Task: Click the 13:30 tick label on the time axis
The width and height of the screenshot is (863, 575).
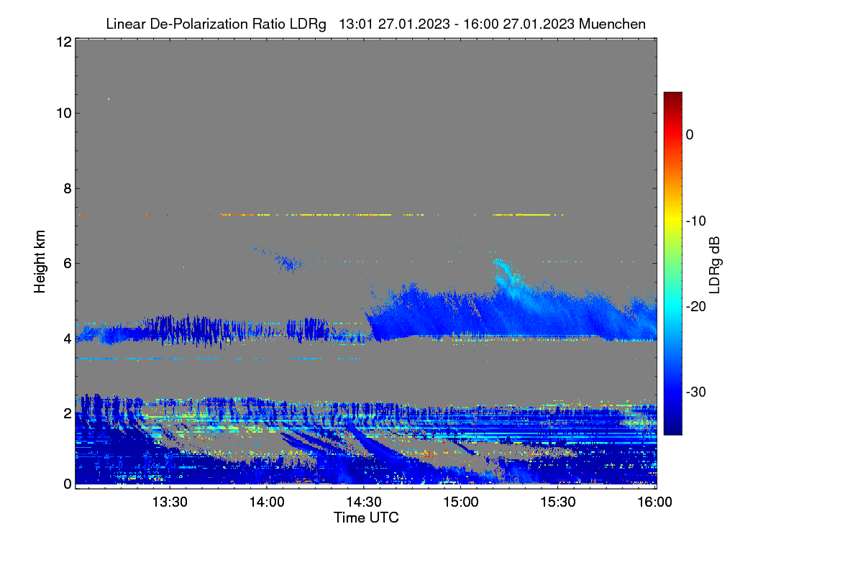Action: tap(170, 502)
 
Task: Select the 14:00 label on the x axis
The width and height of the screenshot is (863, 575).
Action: tap(267, 502)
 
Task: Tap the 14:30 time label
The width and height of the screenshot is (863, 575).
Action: tap(364, 502)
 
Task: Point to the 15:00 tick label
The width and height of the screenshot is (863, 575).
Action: tap(461, 502)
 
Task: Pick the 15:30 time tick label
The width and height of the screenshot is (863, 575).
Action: tap(558, 502)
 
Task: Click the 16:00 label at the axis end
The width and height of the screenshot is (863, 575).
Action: tap(654, 502)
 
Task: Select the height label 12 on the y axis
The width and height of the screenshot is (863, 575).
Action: tap(64, 42)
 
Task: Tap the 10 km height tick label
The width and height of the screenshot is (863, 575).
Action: tap(64, 114)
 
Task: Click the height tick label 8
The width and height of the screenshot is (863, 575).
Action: tap(68, 188)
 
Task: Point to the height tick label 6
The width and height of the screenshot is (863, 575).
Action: tap(68, 264)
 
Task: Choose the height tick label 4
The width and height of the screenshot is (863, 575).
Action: tap(68, 339)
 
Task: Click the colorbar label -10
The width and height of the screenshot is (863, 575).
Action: tap(696, 221)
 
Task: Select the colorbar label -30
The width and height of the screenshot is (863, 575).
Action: tap(696, 392)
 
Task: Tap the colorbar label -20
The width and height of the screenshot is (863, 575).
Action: tap(696, 307)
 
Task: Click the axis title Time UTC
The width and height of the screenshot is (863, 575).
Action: tap(366, 517)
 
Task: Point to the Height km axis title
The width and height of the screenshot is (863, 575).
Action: tap(40, 262)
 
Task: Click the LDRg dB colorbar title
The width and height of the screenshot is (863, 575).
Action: tap(715, 265)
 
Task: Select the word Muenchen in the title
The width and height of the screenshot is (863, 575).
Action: tap(612, 24)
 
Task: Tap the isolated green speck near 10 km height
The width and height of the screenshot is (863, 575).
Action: tap(109, 99)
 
